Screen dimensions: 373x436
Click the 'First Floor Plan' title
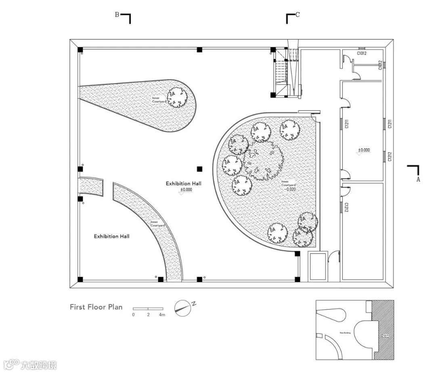coord(96,307)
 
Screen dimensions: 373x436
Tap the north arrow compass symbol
coord(182,308)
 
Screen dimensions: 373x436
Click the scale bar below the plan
coord(148,309)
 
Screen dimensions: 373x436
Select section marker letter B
coord(117,15)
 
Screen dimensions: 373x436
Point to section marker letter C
coord(298,15)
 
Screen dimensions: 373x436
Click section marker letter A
coord(418,179)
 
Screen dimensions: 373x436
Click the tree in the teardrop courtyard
coord(177,97)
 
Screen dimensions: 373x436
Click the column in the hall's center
coord(199,169)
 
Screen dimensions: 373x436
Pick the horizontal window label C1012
coord(361,53)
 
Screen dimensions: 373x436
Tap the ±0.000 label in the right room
coord(364,150)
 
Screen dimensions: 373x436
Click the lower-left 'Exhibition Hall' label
coord(111,236)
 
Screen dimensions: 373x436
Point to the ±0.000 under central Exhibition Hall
coord(186,190)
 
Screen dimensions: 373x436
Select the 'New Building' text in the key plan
coord(345,333)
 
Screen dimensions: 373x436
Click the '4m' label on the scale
coord(162,314)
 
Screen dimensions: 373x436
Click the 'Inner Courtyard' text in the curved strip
coord(154,223)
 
